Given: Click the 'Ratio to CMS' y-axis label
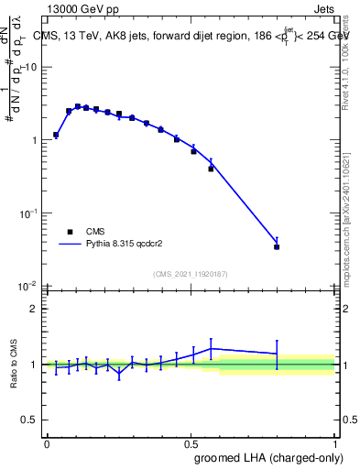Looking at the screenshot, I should [15, 364].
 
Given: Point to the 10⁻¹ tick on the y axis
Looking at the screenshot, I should [30, 213].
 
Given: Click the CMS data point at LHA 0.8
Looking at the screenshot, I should [277, 246].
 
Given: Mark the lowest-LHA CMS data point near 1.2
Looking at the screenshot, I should [56, 135].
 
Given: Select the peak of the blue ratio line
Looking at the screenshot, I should [212, 348].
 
